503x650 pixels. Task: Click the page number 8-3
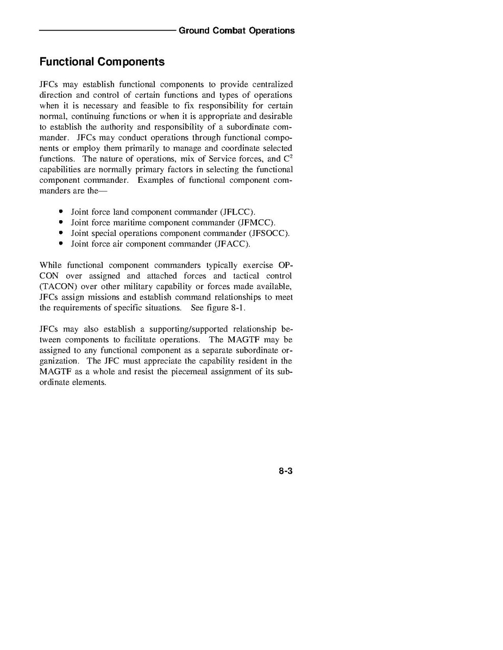[x=286, y=471]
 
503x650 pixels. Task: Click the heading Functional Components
[x=102, y=62]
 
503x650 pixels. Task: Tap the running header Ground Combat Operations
[x=236, y=30]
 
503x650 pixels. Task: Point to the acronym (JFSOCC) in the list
[x=269, y=233]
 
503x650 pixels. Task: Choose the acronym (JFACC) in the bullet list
[x=232, y=244]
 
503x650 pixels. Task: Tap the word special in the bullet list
[x=103, y=233]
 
